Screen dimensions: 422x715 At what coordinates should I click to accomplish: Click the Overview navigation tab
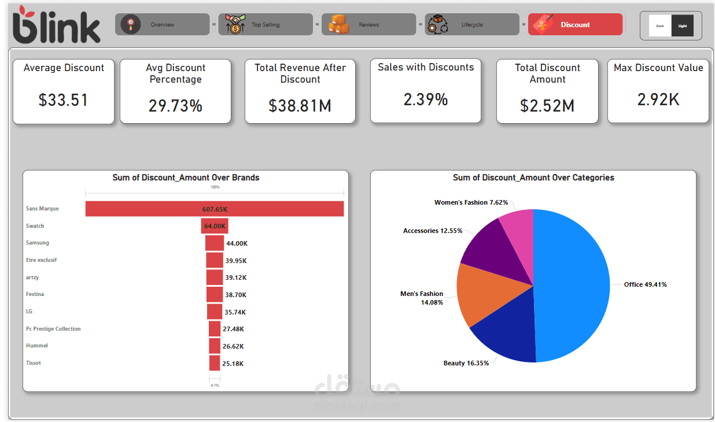(x=162, y=25)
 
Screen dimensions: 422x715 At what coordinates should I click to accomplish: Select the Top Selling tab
(x=265, y=25)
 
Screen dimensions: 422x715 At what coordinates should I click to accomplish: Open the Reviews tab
(x=368, y=25)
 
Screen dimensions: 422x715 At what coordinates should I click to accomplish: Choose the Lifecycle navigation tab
(x=471, y=25)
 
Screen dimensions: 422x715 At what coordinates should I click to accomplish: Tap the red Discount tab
(x=575, y=25)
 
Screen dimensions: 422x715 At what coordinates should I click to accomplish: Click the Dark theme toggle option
(x=660, y=26)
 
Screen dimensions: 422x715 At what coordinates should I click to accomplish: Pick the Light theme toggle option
(x=683, y=26)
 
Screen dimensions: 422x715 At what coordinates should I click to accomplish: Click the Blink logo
(x=56, y=25)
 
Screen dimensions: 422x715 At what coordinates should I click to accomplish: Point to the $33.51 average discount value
(x=64, y=100)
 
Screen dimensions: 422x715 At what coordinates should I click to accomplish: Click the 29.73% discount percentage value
(x=175, y=106)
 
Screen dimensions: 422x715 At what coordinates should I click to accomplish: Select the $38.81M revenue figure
(x=300, y=105)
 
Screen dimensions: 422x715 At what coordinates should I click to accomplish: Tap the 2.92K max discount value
(x=658, y=100)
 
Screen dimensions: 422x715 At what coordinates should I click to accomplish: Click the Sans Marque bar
(x=214, y=209)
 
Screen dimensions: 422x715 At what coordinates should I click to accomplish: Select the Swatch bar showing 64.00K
(x=215, y=226)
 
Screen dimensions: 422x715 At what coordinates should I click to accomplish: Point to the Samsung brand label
(x=38, y=243)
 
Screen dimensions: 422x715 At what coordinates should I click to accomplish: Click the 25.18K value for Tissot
(x=233, y=364)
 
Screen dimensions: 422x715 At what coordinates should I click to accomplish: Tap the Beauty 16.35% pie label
(x=466, y=363)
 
